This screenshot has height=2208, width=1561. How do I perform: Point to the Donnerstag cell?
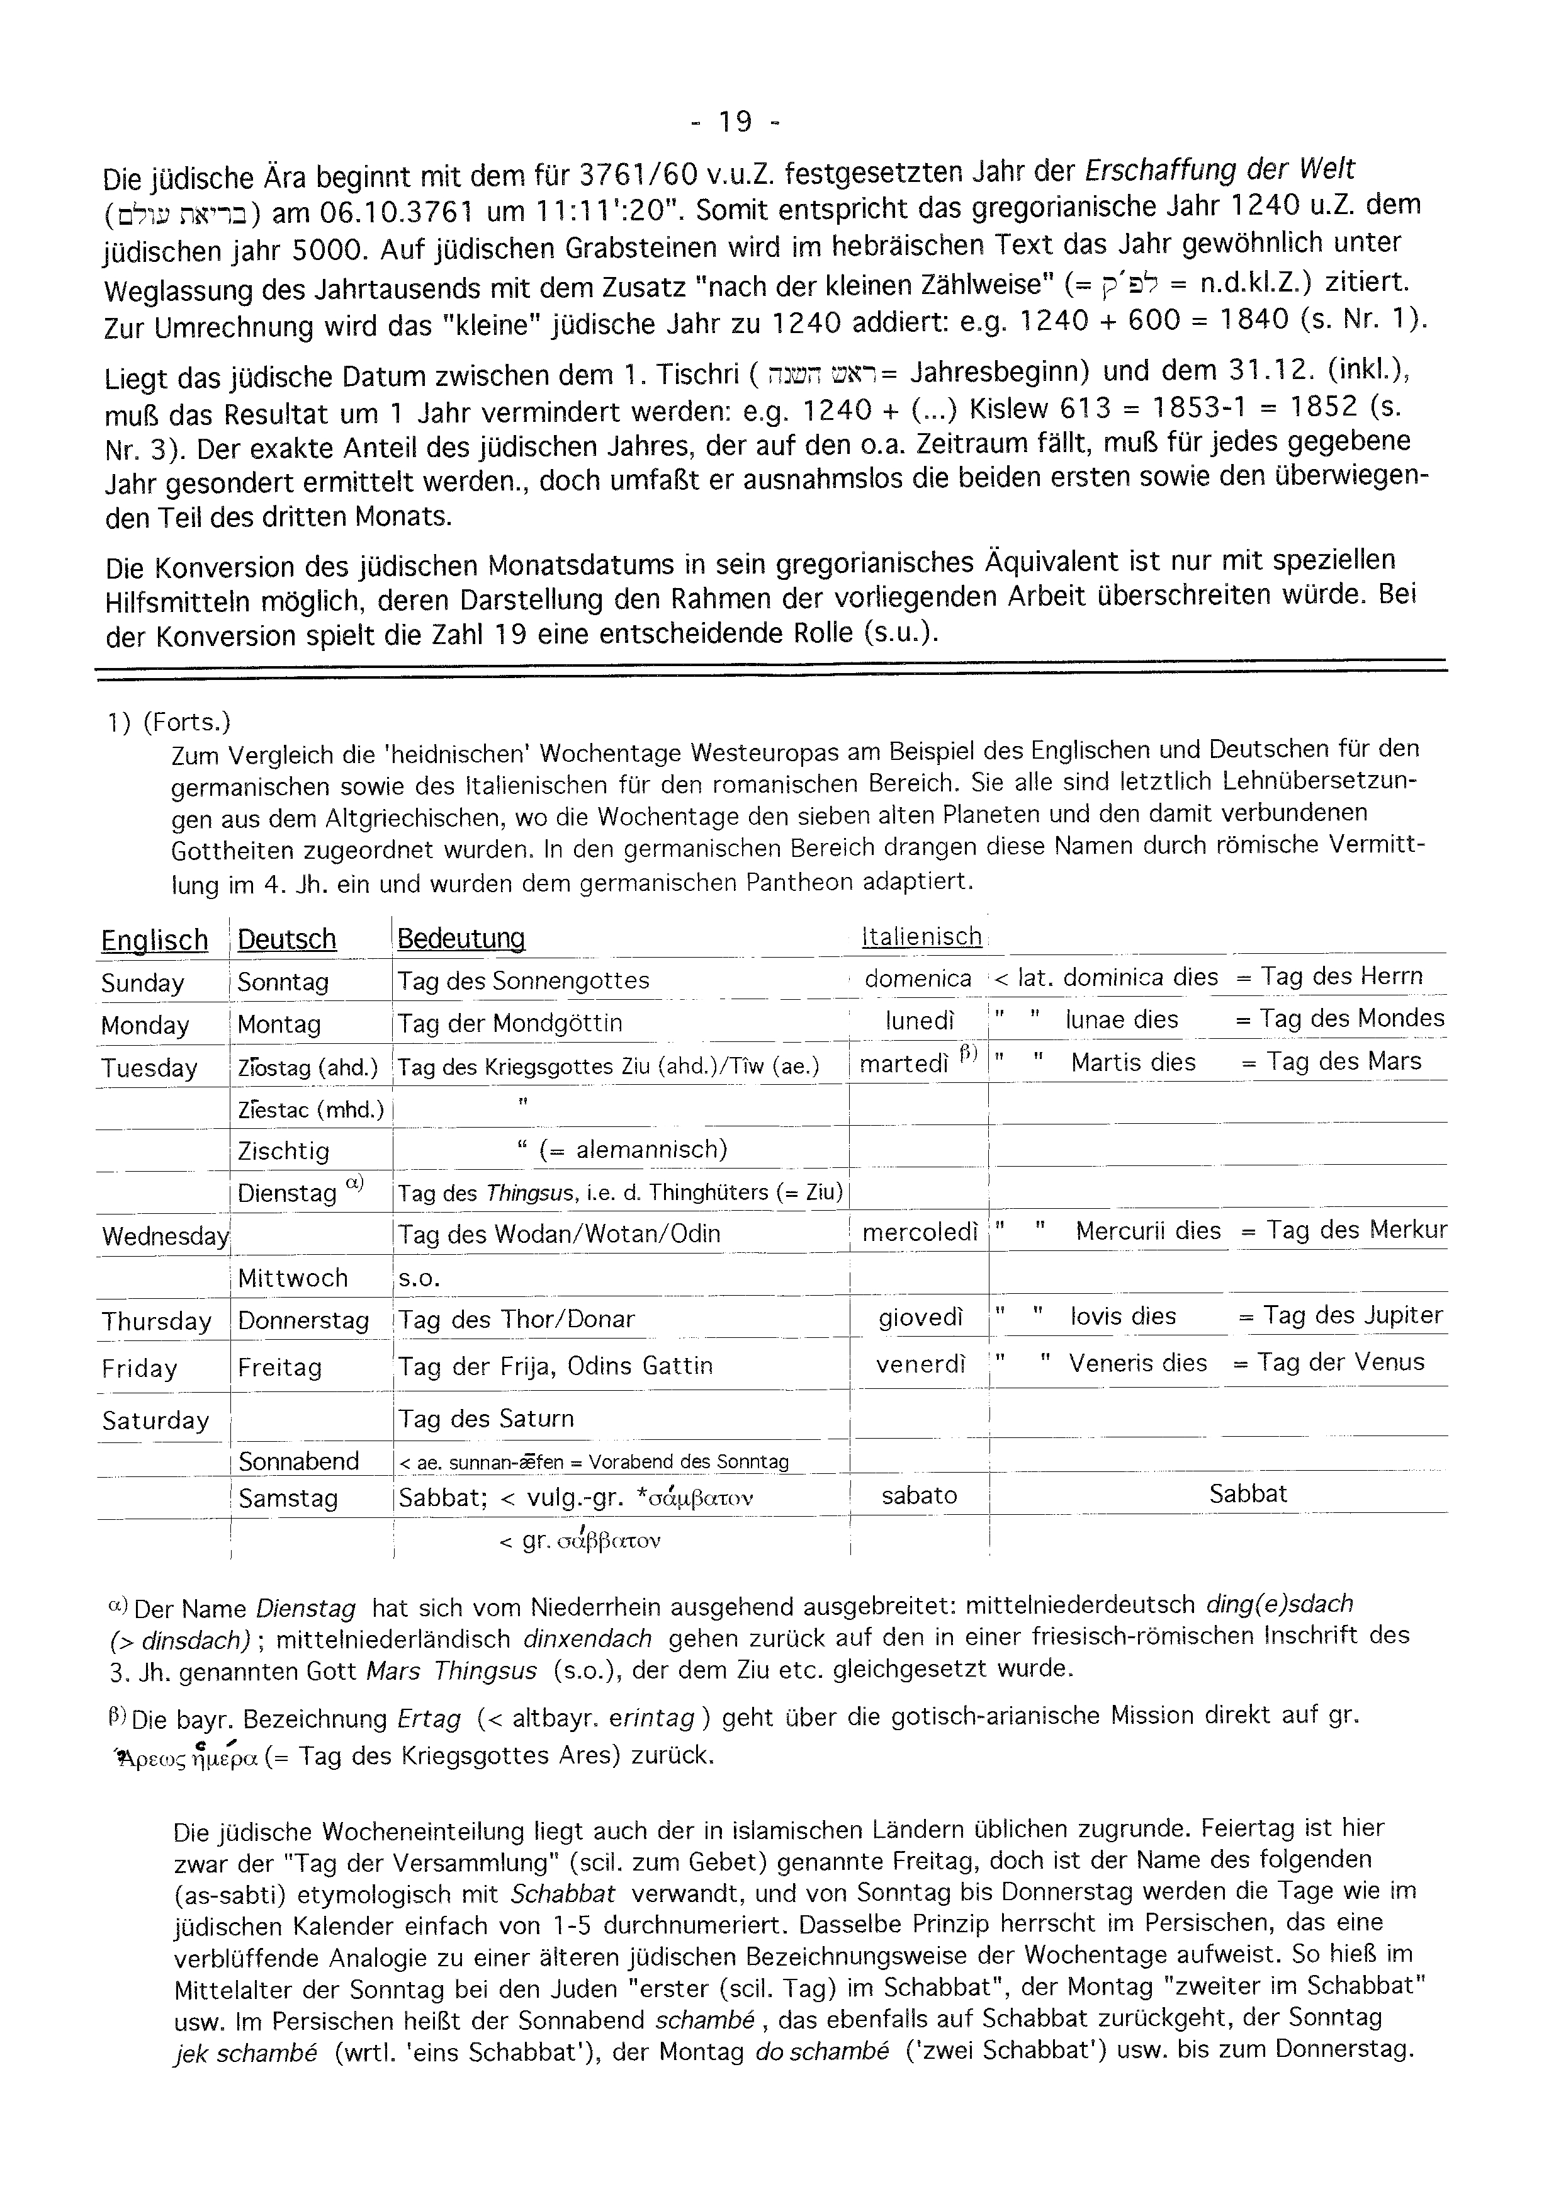303,1320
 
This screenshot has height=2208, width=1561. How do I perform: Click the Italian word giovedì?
920,1318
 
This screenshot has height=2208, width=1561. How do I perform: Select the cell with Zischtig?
283,1151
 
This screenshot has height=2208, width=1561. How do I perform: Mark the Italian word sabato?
919,1495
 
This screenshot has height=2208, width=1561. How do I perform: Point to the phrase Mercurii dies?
1147,1231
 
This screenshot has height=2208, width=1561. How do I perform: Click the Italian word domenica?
918,978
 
